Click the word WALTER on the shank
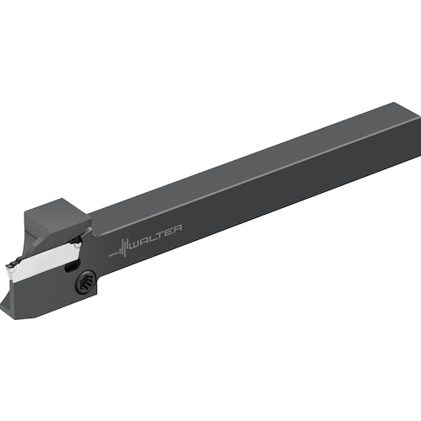(157, 237)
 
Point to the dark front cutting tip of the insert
(13, 265)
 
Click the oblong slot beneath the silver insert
(71, 264)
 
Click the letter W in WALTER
(136, 245)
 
